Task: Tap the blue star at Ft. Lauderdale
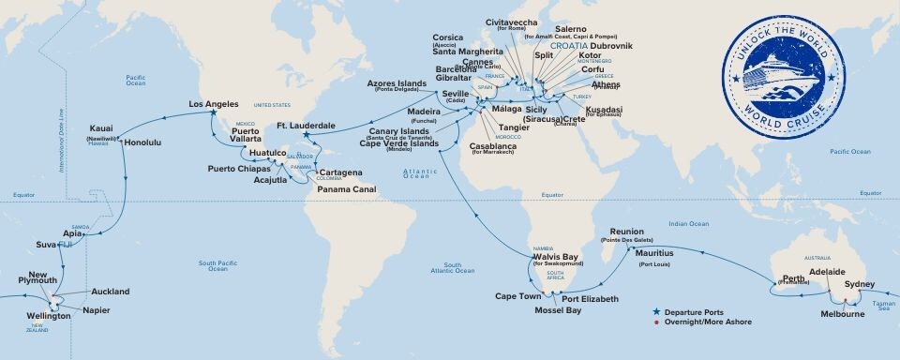306,135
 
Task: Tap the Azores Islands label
398,84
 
